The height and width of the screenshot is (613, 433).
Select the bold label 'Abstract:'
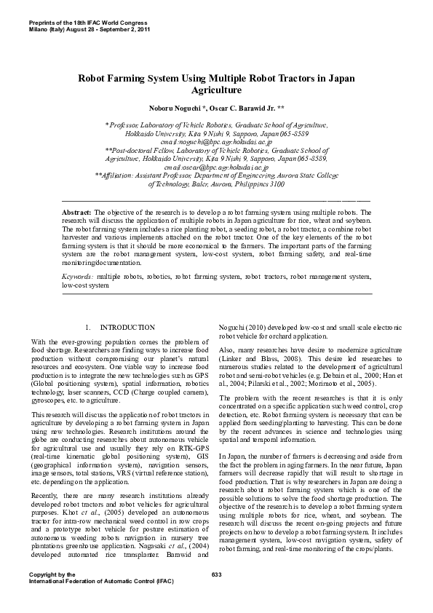point(77,212)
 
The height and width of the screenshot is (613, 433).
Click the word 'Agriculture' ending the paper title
point(216,90)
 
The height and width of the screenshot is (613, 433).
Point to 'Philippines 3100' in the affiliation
point(256,184)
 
